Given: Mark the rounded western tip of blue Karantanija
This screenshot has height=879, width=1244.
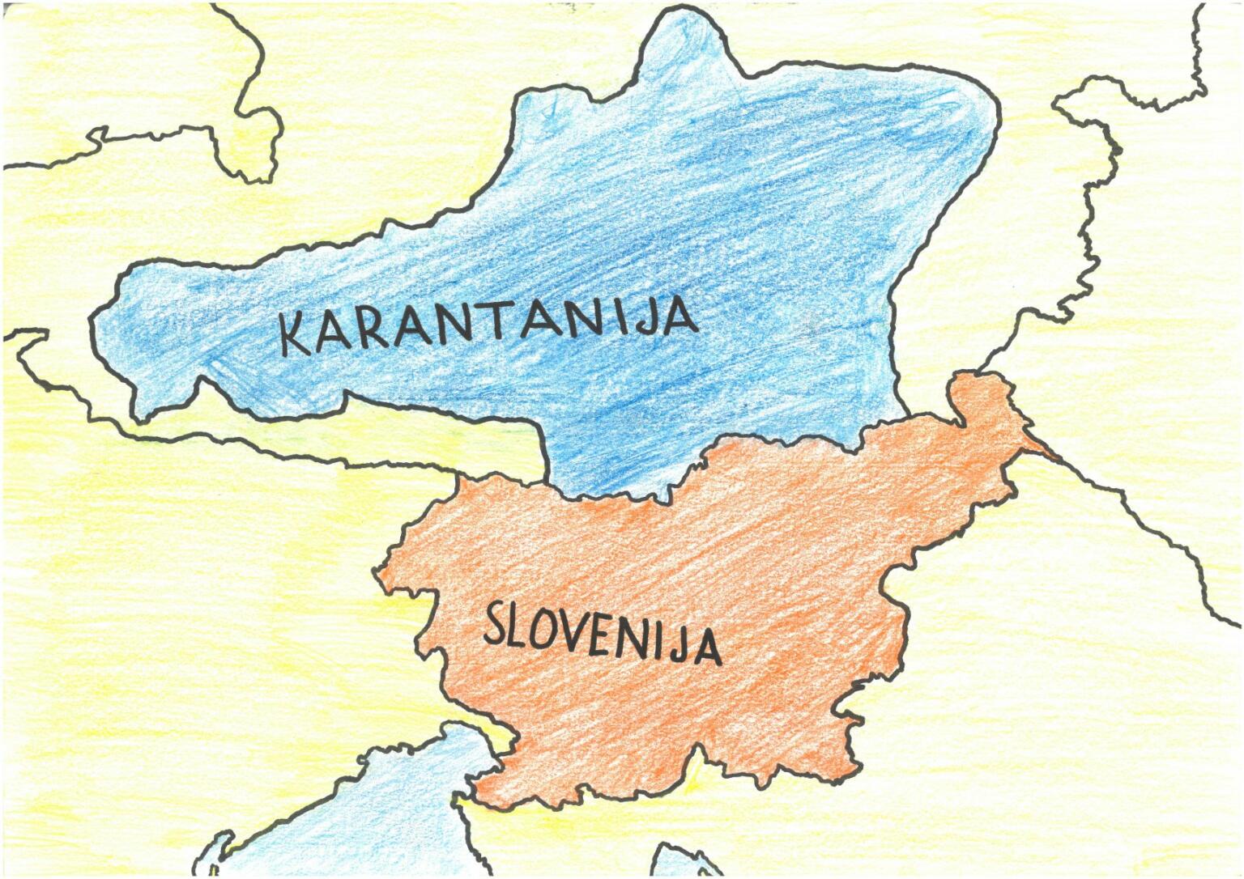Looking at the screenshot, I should click(x=113, y=324).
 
